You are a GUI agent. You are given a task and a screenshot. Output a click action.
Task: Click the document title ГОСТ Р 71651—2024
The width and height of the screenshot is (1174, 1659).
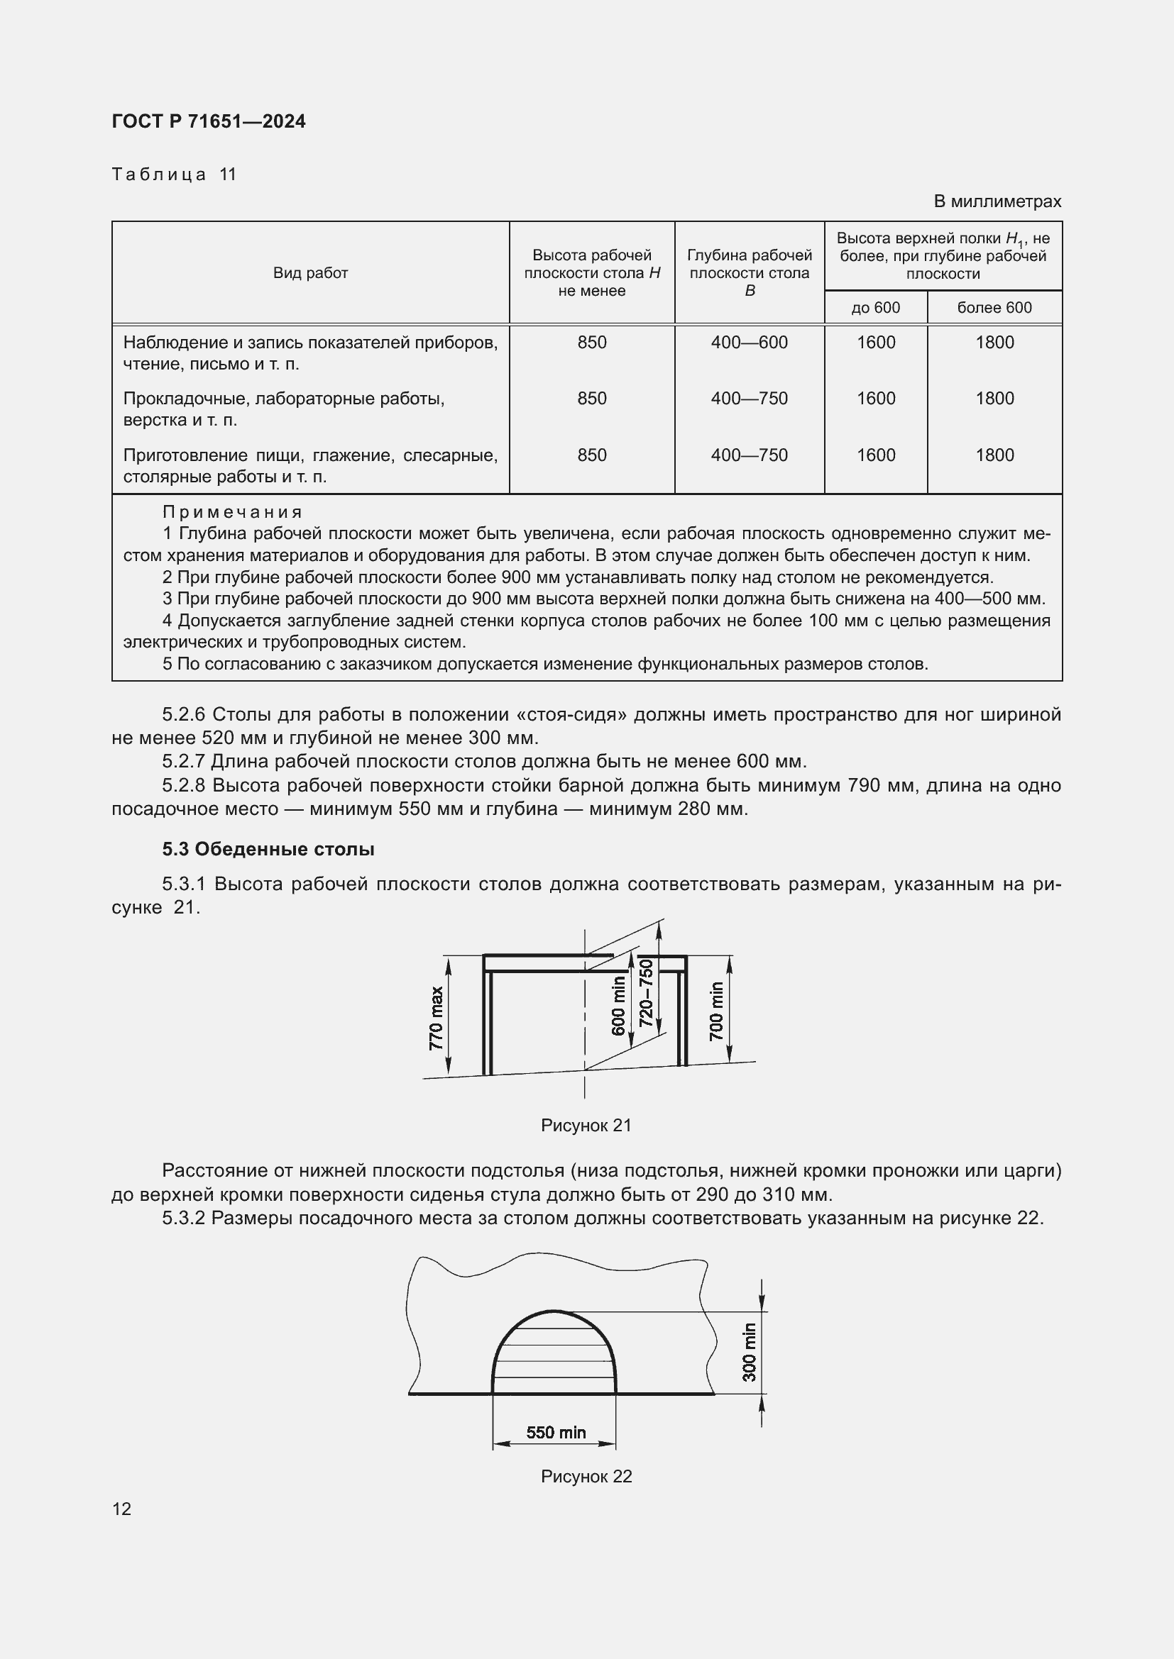[209, 121]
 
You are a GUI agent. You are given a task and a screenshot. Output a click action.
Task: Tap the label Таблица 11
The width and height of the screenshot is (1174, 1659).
[174, 174]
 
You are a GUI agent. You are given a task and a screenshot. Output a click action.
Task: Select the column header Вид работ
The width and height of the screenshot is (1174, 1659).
[310, 273]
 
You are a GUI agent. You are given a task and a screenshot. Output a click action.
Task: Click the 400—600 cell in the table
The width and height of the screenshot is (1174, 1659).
[749, 343]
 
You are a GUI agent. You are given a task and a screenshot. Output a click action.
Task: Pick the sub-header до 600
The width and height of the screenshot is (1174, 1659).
[875, 308]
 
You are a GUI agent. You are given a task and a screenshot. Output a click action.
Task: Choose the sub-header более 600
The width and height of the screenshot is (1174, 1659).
[994, 308]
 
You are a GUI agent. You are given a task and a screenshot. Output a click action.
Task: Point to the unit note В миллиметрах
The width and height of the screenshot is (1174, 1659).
[997, 201]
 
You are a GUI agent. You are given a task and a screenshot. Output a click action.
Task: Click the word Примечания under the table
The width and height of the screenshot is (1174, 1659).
[232, 512]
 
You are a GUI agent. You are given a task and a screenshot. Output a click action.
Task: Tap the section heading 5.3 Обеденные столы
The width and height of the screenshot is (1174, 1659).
[268, 849]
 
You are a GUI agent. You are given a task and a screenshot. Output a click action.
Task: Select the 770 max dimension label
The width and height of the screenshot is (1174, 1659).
[436, 1018]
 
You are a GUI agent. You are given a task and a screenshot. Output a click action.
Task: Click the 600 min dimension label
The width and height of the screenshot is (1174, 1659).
[618, 1006]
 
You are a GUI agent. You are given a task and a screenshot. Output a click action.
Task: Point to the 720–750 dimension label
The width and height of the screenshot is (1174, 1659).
[647, 993]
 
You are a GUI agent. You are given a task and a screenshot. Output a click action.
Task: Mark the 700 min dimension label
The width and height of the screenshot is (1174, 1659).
[715, 1011]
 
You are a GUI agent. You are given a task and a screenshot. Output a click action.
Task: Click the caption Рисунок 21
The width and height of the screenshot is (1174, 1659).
[586, 1125]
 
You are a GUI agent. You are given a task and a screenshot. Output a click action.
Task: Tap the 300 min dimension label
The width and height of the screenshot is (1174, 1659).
[750, 1352]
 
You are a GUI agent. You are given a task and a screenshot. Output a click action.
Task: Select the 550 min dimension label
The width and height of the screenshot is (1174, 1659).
[556, 1432]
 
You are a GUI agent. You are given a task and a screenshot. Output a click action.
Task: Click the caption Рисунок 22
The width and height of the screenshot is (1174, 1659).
[586, 1476]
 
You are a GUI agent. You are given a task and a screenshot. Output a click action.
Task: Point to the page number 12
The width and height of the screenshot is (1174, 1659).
[122, 1509]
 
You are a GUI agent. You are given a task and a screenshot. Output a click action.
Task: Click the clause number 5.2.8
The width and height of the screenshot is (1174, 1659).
[184, 785]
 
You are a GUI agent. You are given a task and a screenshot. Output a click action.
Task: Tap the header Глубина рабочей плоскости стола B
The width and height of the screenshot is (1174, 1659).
[749, 273]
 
